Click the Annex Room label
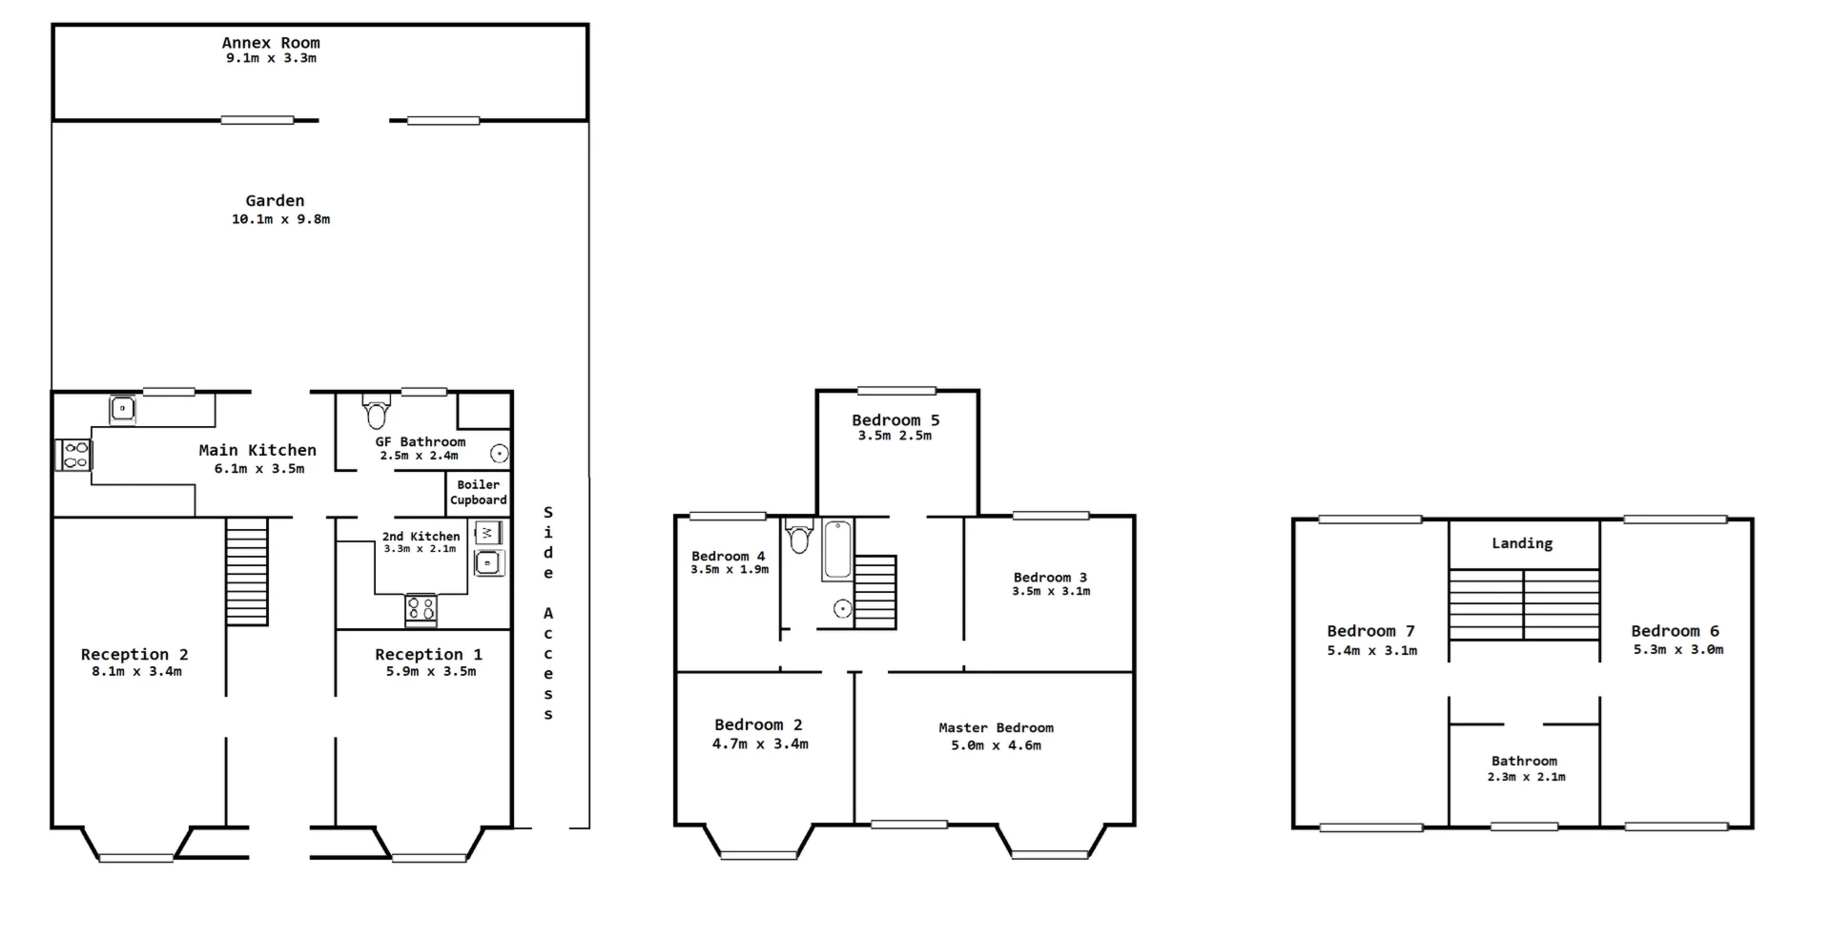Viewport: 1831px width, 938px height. click(271, 43)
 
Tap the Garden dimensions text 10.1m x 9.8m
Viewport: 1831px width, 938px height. click(280, 219)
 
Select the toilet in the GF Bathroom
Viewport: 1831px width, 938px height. click(377, 414)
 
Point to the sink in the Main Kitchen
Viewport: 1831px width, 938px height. click(122, 409)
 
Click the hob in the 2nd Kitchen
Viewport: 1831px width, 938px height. click(421, 608)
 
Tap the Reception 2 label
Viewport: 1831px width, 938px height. click(134, 655)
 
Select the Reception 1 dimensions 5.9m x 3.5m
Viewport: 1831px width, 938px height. click(430, 671)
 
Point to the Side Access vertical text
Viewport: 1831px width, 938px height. click(548, 613)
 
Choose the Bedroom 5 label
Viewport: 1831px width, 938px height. click(895, 420)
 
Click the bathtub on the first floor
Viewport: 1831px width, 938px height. click(837, 550)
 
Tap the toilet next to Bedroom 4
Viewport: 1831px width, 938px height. click(799, 537)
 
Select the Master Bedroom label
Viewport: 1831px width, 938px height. click(996, 728)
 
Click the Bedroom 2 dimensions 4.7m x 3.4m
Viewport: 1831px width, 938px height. click(760, 744)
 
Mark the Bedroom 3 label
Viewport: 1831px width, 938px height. click(1050, 578)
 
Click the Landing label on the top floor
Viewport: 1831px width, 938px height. click(1522, 543)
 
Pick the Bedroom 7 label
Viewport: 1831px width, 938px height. click(1370, 631)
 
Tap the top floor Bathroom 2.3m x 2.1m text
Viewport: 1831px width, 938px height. click(1525, 777)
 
